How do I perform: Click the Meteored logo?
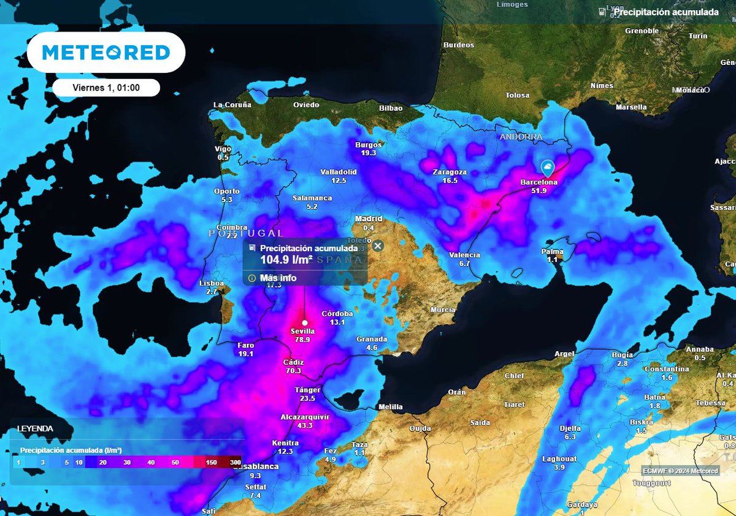105,53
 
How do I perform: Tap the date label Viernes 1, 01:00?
106,88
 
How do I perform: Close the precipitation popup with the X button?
378,246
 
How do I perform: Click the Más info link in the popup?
277,278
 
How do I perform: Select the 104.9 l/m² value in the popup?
286,260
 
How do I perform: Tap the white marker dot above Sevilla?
304,322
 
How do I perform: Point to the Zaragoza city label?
450,172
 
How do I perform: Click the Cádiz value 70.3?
293,371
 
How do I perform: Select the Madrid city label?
369,219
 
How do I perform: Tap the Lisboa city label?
212,283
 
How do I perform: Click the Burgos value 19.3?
369,153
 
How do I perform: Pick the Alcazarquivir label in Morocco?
305,417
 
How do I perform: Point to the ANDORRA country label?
521,137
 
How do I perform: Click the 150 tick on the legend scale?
212,463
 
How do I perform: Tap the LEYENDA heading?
35,429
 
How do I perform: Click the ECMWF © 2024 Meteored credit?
681,471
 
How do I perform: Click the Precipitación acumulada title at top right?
665,12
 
